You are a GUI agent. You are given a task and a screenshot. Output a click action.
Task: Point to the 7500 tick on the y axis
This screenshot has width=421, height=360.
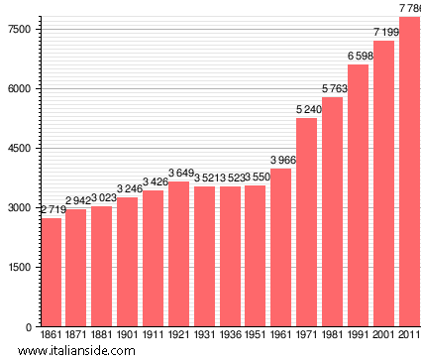(x=19, y=30)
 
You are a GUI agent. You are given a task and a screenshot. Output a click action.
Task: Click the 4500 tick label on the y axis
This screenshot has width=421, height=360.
(x=19, y=149)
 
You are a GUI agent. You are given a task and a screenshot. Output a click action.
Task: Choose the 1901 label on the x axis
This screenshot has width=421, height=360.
(x=127, y=335)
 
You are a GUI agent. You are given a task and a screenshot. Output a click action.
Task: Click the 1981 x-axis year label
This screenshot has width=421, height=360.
(x=332, y=335)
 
